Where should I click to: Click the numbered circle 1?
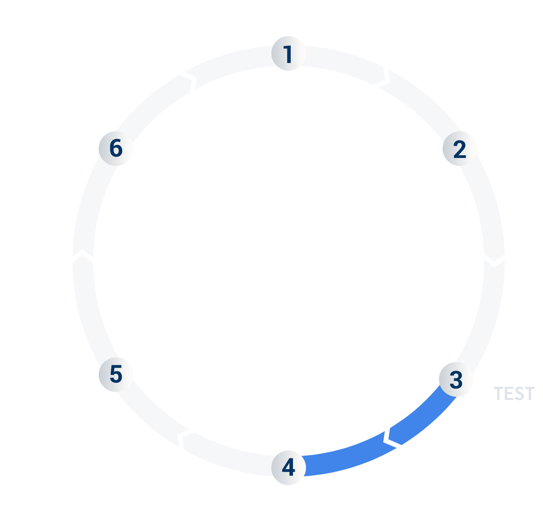pos(288,53)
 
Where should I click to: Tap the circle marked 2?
pos(460,149)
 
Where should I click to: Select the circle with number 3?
pos(456,379)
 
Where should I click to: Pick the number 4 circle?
pos(288,467)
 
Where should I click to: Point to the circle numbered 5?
pos(116,374)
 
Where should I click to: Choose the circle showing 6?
pos(116,148)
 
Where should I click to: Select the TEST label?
pos(514,394)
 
